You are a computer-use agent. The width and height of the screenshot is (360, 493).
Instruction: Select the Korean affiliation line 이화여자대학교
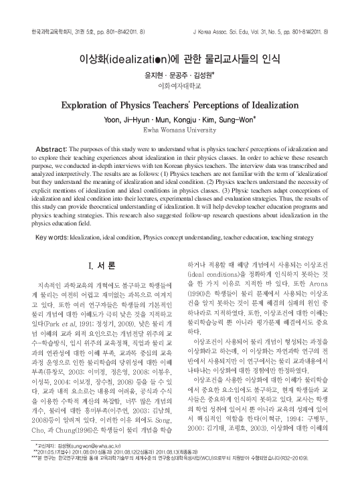179,86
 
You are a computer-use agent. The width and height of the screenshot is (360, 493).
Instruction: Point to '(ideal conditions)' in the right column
217,275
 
